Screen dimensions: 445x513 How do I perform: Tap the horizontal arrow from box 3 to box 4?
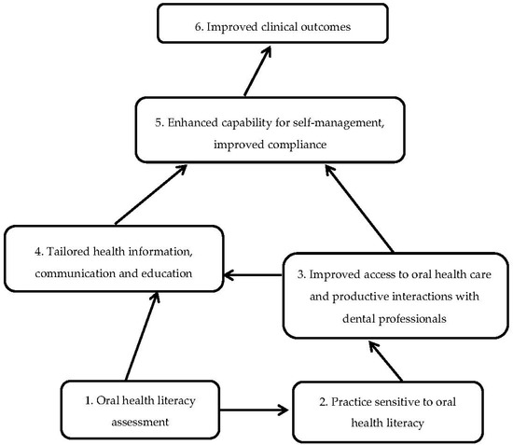(255, 275)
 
